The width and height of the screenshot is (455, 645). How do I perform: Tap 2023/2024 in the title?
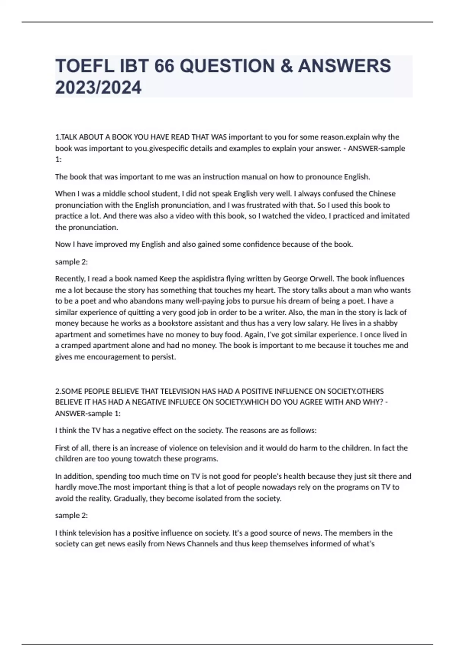point(98,88)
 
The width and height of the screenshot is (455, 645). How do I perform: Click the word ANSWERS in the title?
point(344,66)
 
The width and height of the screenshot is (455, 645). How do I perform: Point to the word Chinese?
point(382,193)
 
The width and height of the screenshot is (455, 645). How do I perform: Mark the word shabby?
point(385,323)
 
